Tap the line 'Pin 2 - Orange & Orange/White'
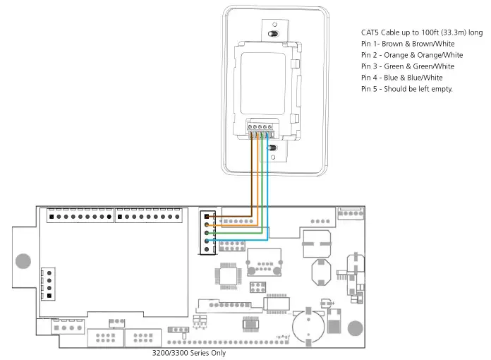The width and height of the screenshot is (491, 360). click(411, 55)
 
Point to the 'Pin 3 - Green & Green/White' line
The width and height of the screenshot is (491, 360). click(408, 66)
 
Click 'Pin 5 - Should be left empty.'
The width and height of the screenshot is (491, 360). click(406, 89)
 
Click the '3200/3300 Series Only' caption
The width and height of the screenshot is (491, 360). click(189, 352)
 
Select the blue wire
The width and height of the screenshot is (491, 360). click(267, 191)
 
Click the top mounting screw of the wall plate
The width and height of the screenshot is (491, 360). click(273, 34)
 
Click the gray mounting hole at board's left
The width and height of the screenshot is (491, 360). click(23, 260)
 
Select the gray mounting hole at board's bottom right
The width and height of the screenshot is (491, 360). click(355, 328)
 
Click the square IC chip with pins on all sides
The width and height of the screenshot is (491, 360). click(229, 273)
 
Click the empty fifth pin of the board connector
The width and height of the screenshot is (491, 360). click(206, 250)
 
